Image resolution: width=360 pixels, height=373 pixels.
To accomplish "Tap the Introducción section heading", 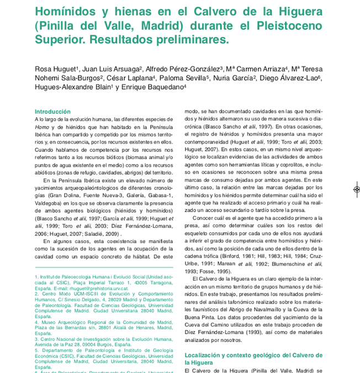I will (x=53, y=112).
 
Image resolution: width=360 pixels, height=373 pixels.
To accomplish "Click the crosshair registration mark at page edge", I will (x=357, y=190).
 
